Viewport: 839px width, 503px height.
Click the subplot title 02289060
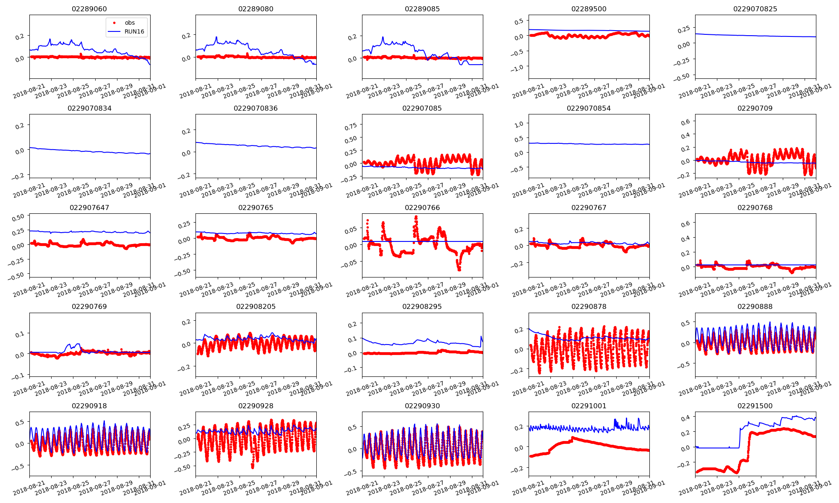click(89, 9)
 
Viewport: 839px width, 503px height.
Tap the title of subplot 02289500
click(589, 9)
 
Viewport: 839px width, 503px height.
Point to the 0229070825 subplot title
click(755, 9)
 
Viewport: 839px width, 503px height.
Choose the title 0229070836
click(255, 108)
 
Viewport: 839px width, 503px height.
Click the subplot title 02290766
click(422, 207)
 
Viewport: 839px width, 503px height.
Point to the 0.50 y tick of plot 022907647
click(18, 218)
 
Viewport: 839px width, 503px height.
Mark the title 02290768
click(755, 207)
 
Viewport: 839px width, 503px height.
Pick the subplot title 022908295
click(422, 306)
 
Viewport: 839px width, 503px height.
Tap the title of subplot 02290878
click(589, 306)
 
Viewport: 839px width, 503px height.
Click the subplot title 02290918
click(89, 406)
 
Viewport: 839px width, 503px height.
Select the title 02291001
click(589, 406)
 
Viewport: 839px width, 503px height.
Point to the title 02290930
click(422, 406)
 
